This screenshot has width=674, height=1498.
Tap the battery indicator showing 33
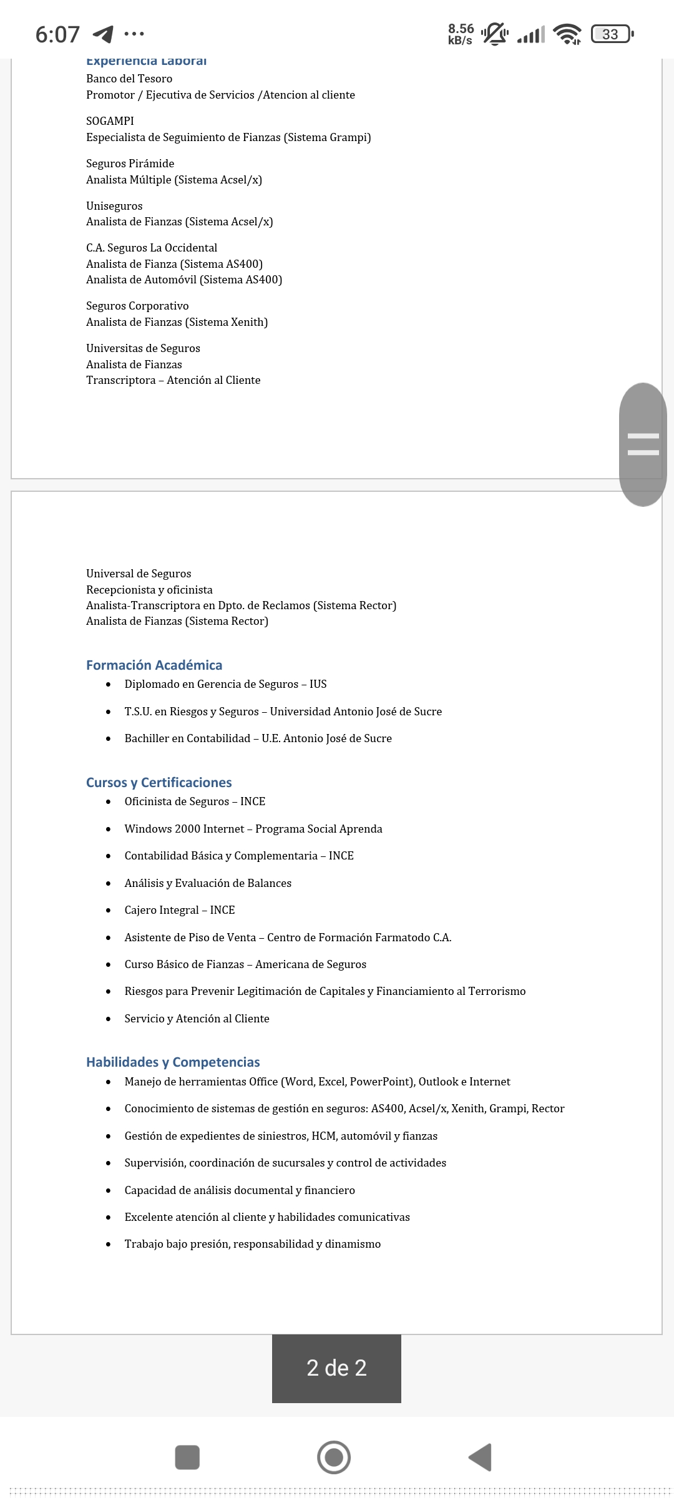[x=612, y=34]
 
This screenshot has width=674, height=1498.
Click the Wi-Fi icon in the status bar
[x=567, y=34]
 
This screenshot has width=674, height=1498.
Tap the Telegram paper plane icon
[x=103, y=34]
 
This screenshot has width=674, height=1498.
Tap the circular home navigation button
[x=334, y=1457]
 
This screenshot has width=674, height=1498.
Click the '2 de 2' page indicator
[x=336, y=1368]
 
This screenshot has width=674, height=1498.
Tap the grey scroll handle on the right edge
[x=643, y=444]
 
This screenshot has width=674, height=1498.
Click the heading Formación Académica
[x=154, y=665]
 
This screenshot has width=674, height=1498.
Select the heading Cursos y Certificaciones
[x=159, y=782]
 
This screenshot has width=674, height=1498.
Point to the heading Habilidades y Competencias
[x=173, y=1062]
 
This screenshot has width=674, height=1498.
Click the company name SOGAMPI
[x=110, y=121]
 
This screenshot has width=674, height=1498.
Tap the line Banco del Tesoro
[x=129, y=79]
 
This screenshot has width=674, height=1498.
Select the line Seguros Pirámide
[x=130, y=164]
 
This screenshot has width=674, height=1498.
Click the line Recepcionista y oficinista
[x=149, y=590]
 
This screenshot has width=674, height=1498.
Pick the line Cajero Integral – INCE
[x=180, y=910]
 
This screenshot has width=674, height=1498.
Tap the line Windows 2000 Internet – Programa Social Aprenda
[x=253, y=829]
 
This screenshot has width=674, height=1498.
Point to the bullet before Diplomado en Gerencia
[x=109, y=685]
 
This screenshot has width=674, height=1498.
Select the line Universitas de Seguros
[x=143, y=348]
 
